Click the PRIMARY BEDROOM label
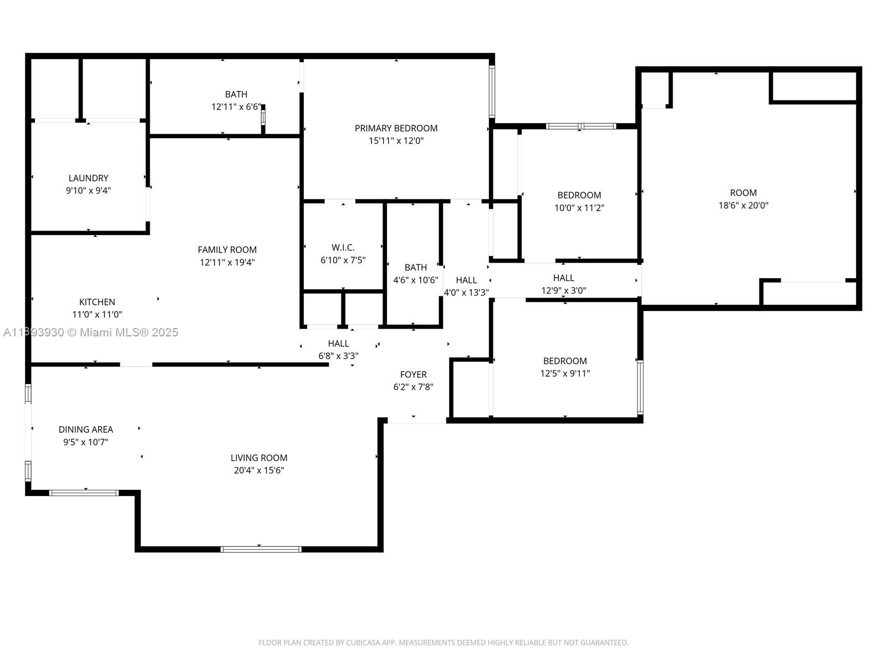[x=396, y=128]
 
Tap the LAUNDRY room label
[x=88, y=178]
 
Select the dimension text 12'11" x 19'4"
[x=227, y=262]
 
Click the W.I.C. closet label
[x=343, y=247]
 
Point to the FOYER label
[x=413, y=375]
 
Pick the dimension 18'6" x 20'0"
[x=743, y=205]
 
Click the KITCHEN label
[x=97, y=302]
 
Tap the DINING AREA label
[x=86, y=429]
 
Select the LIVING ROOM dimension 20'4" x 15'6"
[x=259, y=470]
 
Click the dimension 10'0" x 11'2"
[x=579, y=208]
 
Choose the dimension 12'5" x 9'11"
[x=565, y=374]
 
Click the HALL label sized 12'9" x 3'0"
[x=564, y=278]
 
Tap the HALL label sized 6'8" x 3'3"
[x=338, y=344]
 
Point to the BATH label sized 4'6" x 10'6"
[x=415, y=267]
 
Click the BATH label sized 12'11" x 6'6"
[x=236, y=94]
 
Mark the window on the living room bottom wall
[x=261, y=549]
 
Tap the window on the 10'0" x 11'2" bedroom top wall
[x=580, y=126]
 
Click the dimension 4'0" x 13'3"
[x=466, y=293]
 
